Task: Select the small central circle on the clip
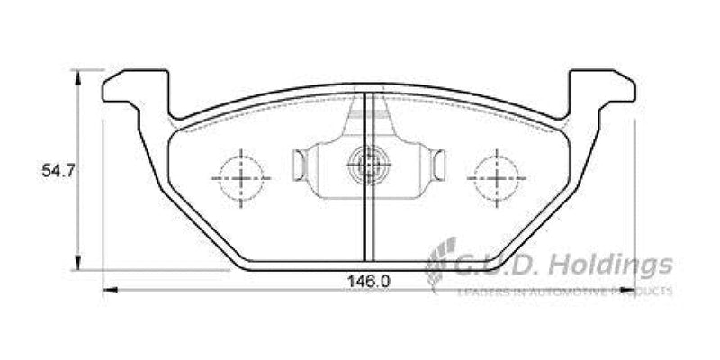[x=367, y=164]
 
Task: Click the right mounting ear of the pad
[x=602, y=88]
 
